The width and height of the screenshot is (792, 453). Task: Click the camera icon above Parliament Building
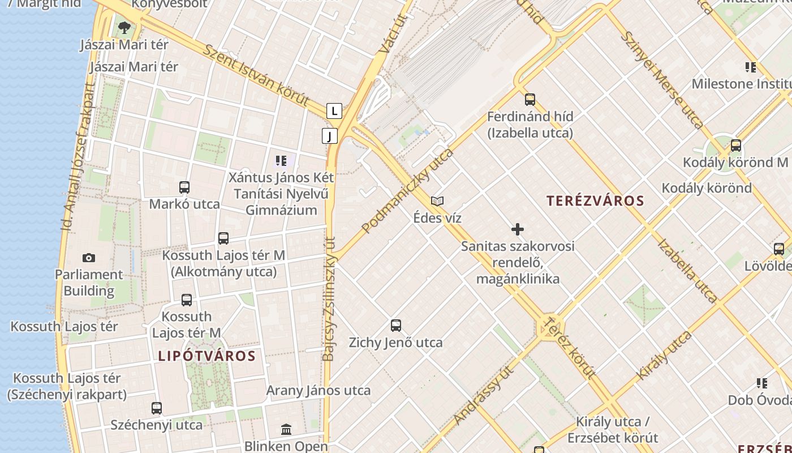point(89,258)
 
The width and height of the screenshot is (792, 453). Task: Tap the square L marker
point(334,111)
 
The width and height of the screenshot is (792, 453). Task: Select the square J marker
point(329,136)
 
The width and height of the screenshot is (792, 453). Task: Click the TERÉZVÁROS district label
point(595,200)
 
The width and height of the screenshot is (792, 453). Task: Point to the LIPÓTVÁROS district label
point(207,356)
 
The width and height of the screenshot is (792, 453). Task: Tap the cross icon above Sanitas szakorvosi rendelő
point(517,229)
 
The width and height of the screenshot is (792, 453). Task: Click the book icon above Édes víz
point(437,201)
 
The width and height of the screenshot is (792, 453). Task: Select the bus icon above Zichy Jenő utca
point(396,326)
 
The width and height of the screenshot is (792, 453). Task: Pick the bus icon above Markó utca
point(184,187)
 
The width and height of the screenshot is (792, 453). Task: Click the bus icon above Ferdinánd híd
point(530,100)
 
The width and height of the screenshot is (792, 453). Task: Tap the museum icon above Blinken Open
point(286,430)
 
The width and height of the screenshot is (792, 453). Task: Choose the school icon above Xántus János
point(281,161)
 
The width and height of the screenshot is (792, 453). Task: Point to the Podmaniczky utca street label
point(407,191)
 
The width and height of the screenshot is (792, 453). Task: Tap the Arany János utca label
point(318,390)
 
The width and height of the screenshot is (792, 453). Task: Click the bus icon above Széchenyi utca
point(157,408)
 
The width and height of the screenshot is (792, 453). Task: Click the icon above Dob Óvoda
point(762,383)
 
